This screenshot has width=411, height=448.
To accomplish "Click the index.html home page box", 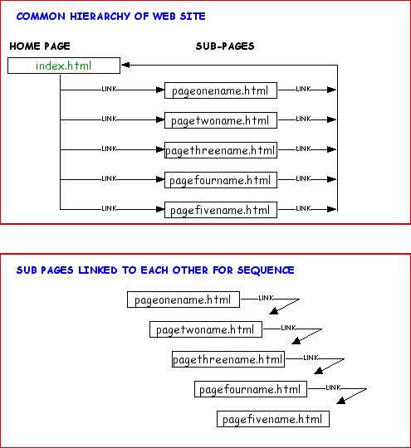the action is coord(64,66).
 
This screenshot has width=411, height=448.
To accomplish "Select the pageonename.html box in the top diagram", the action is coord(221,90).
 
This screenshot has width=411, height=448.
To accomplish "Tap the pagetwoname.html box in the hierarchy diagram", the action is coord(221,120).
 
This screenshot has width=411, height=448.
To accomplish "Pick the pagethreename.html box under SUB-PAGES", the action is coord(221,150).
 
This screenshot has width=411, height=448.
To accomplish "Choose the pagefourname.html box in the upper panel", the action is coord(221,180).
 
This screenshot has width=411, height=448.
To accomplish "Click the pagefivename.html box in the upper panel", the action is coord(221,210).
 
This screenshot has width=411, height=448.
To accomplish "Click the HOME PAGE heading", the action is coord(40,46).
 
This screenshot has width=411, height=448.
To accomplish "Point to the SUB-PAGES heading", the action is coord(225,46).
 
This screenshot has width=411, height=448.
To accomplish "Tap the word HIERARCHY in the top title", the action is coord(100,17).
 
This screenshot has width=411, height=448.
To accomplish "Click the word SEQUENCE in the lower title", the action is coord(266,270).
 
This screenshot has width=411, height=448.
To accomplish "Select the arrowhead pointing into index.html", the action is coord(125,66).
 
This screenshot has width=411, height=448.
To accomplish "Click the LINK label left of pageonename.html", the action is coord(109,89).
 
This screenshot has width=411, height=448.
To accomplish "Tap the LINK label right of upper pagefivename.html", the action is coord(303,208).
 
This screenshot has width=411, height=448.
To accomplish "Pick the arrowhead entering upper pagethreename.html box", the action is coord(160,149).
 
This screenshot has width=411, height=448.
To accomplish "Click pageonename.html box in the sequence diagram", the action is coord(183,299).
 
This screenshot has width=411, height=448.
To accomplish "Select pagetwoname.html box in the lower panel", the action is coord(206,329).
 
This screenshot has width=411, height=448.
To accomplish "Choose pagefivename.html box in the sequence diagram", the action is coord(273,419).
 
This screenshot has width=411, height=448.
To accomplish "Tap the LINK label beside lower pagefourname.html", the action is coord(333,387).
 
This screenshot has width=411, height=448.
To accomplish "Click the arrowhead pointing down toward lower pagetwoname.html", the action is coord(274,311).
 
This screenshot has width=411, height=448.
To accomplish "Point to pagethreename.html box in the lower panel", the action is coord(228,359).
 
